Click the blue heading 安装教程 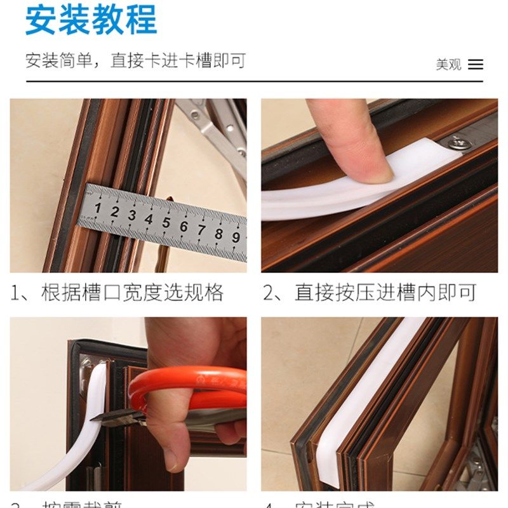91,20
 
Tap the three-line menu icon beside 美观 475,64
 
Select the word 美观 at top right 448,64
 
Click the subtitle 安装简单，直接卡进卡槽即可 135,61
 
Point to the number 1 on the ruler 98,208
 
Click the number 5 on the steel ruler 166,222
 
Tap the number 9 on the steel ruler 236,237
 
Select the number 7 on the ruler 201,229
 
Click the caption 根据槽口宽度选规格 132,293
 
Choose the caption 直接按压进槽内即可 385,293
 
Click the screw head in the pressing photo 456,143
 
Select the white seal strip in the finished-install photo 362,406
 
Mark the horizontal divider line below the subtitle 254,81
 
